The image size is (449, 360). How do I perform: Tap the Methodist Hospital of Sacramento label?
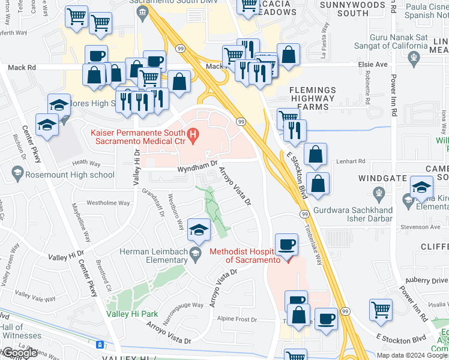tap(245, 256)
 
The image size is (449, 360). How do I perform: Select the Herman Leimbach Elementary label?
tap(153, 256)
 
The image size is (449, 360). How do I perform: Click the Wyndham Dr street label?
tap(196, 166)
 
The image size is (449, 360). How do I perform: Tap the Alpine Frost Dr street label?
tap(237, 319)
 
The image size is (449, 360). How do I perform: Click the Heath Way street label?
tap(85, 162)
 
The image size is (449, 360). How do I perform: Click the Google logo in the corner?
tap(20, 353)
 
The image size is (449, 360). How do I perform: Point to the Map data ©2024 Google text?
tap(412, 355)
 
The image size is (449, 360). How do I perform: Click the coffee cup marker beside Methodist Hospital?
tap(287, 245)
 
